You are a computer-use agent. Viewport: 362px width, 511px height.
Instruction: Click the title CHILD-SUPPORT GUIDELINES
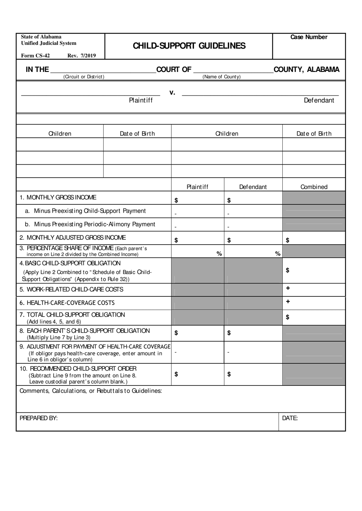(x=189, y=46)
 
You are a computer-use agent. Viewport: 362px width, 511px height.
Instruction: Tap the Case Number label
(x=309, y=37)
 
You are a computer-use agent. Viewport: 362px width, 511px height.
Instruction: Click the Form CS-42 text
(x=35, y=56)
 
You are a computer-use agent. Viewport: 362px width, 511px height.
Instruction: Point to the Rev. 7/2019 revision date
(x=82, y=56)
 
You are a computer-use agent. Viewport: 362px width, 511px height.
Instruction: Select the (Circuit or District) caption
(x=84, y=77)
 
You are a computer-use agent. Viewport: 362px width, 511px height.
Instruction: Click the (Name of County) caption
(x=221, y=77)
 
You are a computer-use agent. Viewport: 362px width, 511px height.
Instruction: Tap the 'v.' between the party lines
(x=172, y=92)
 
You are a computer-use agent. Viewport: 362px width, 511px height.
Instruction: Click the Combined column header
(x=314, y=187)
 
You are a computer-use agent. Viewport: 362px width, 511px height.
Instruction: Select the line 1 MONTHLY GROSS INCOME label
(x=58, y=197)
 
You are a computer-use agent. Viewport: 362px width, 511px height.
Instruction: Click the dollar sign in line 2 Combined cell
(x=287, y=240)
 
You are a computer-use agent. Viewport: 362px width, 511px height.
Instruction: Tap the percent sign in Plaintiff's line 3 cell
(x=219, y=254)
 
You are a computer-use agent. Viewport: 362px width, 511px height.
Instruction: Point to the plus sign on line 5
(x=288, y=288)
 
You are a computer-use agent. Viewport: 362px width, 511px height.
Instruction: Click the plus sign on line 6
(x=288, y=302)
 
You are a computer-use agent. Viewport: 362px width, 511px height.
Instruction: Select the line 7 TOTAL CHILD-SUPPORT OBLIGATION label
(x=72, y=315)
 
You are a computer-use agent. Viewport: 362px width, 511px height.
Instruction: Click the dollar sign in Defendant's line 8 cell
(x=229, y=333)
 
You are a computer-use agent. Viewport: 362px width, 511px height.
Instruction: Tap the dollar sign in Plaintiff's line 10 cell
(x=176, y=374)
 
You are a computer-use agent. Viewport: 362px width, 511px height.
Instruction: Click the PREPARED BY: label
(x=38, y=418)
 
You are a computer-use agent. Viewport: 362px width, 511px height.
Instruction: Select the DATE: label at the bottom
(x=290, y=418)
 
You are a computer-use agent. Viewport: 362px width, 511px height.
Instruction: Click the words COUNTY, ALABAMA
(x=306, y=70)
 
